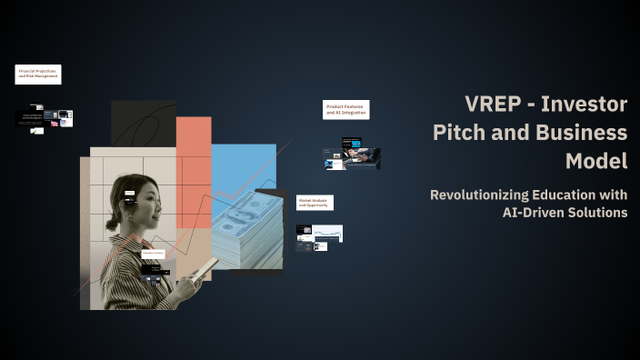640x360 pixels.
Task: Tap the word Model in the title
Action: (595, 161)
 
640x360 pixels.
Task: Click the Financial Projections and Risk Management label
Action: (38, 75)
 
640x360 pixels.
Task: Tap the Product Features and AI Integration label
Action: (346, 109)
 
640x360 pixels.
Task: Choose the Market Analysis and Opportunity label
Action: (315, 203)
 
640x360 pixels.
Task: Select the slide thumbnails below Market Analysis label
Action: (318, 237)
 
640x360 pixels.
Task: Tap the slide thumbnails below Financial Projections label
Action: (43, 120)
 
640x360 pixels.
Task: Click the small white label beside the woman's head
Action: (129, 193)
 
